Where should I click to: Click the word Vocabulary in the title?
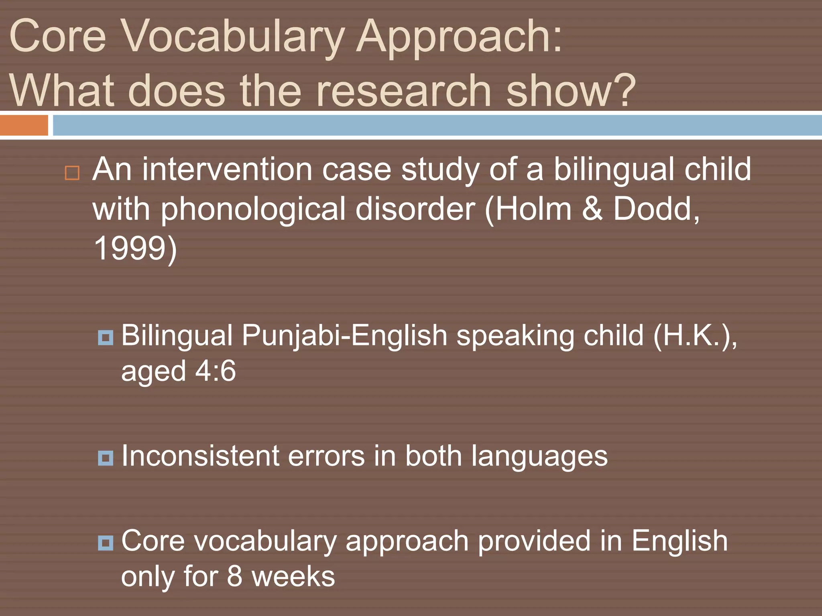232,37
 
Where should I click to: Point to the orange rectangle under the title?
24,125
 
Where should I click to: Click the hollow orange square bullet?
72,173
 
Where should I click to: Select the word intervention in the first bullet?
227,169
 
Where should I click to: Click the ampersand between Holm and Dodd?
592,209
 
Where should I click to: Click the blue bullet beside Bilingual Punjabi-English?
106,338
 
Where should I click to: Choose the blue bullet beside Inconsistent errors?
106,458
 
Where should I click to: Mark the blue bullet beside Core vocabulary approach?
106,543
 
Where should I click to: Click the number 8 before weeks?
234,576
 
